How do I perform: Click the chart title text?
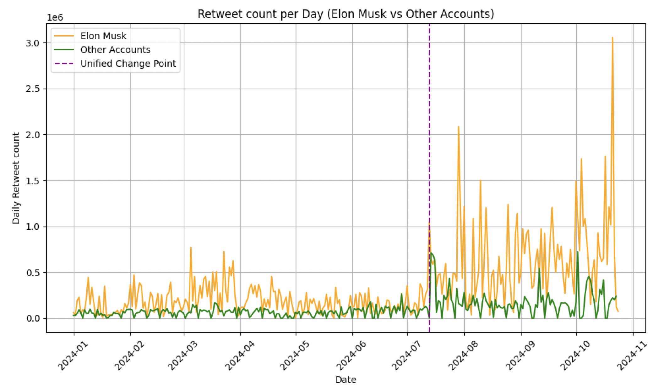[x=346, y=14]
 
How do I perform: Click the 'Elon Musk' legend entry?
[x=103, y=36]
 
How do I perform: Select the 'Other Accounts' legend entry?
[x=115, y=50]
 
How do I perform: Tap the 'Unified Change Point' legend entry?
[x=128, y=64]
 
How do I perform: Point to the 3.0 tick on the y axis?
[x=32, y=43]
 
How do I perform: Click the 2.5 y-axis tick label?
[x=32, y=89]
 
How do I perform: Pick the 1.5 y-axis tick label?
[x=32, y=181]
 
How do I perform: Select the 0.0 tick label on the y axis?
[x=32, y=319]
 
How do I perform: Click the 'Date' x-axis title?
[x=346, y=380]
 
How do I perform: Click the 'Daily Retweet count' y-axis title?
[x=16, y=178]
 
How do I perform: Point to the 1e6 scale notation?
[x=55, y=18]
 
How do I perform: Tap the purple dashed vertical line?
[x=429, y=126]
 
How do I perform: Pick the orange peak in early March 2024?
[x=191, y=248]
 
